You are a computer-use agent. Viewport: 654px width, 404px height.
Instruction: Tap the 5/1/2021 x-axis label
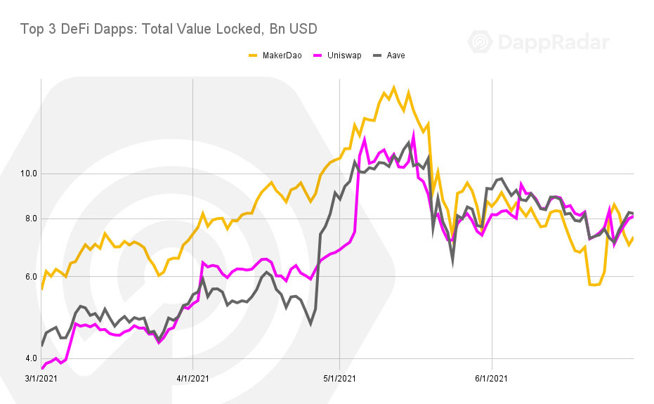339,379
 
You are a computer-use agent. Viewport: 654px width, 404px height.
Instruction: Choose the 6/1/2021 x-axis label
492,379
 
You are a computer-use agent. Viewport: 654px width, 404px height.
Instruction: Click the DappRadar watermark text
554,42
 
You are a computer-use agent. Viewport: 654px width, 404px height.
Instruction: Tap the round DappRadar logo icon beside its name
480,42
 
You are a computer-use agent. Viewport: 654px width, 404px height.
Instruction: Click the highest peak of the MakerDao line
393,88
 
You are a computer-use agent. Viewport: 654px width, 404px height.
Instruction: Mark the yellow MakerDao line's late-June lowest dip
594,285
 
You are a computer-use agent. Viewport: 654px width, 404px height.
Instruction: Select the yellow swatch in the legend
253,56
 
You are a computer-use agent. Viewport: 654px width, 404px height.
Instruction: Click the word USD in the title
302,29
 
